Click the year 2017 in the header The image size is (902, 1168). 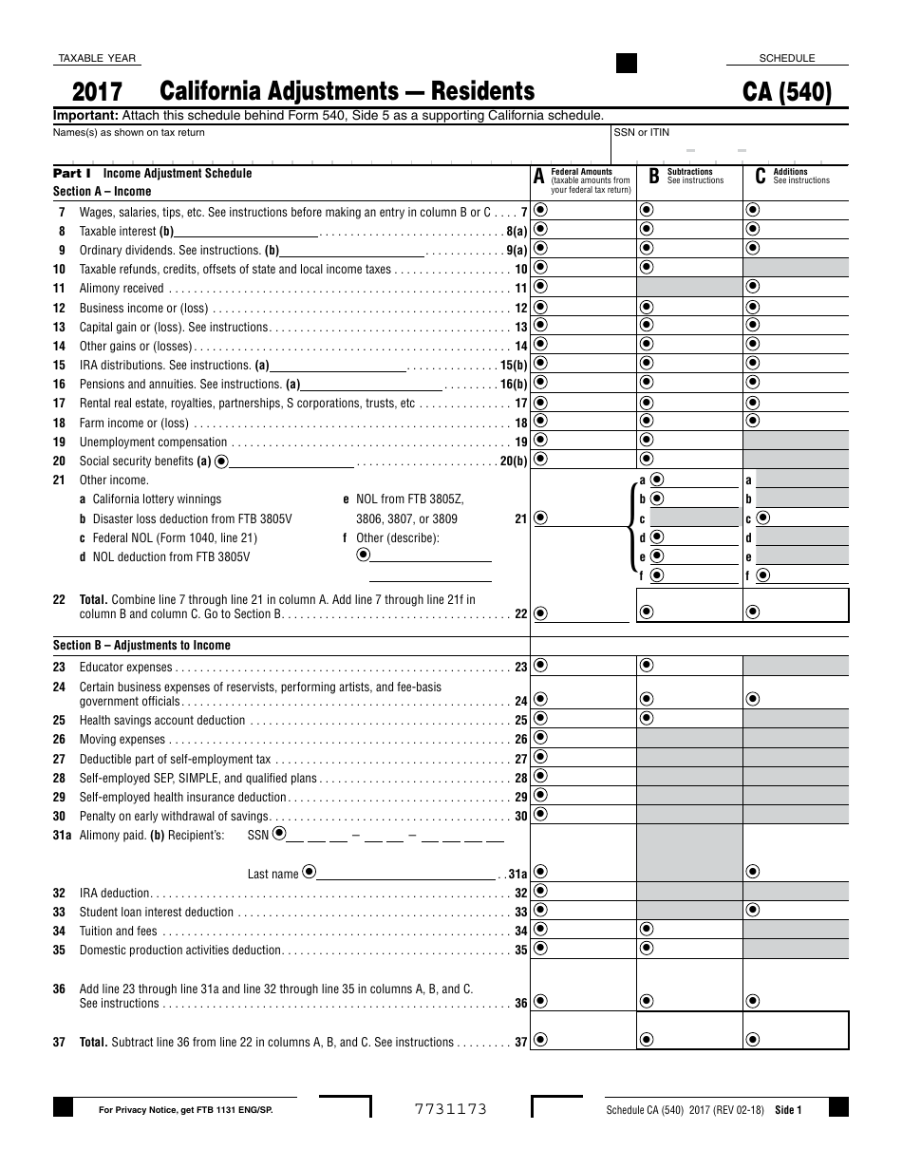[x=97, y=92]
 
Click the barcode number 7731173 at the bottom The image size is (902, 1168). [x=450, y=1109]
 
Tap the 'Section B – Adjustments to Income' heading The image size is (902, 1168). [x=141, y=646]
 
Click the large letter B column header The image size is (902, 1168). [x=653, y=176]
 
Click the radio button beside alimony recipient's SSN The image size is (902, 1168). [x=278, y=835]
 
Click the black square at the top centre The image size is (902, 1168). [x=627, y=64]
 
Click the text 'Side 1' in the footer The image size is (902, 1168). [x=788, y=1109]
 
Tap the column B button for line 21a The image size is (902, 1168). [x=656, y=480]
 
